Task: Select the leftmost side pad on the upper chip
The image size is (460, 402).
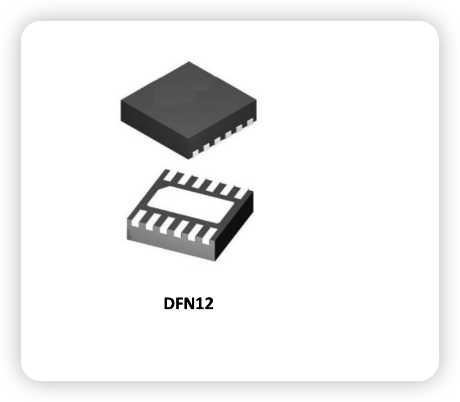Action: point(195,153)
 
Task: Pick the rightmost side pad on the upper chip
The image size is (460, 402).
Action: point(250,122)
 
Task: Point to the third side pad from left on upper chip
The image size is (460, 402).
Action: point(217,141)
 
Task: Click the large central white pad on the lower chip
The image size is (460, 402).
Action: point(190,204)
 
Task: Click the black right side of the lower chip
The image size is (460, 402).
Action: point(235,225)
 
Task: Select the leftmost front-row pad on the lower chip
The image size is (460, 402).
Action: point(137,218)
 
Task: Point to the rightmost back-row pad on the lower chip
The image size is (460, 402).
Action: point(241,194)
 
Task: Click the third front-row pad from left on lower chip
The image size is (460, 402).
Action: point(167,226)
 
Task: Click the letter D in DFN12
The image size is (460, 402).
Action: point(169,304)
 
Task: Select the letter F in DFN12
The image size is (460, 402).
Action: point(180,304)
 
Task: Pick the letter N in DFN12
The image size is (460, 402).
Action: point(191,304)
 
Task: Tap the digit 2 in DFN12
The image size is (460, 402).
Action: point(209,304)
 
